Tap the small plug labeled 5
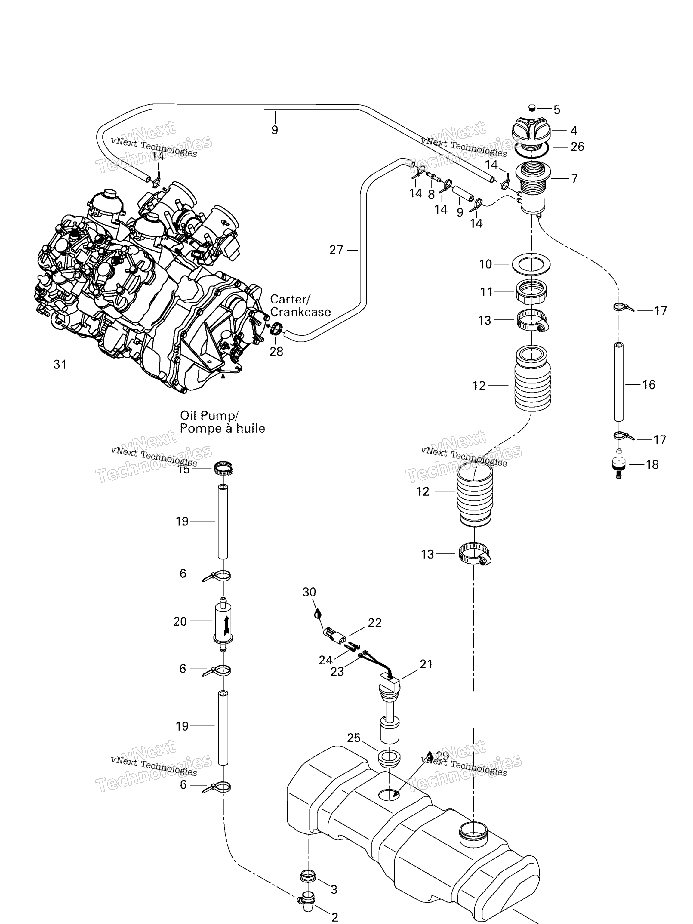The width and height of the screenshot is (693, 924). [532, 108]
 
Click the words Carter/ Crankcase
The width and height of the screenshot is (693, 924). [300, 305]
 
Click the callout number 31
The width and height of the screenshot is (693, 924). [60, 364]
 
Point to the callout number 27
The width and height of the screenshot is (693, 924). [336, 250]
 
